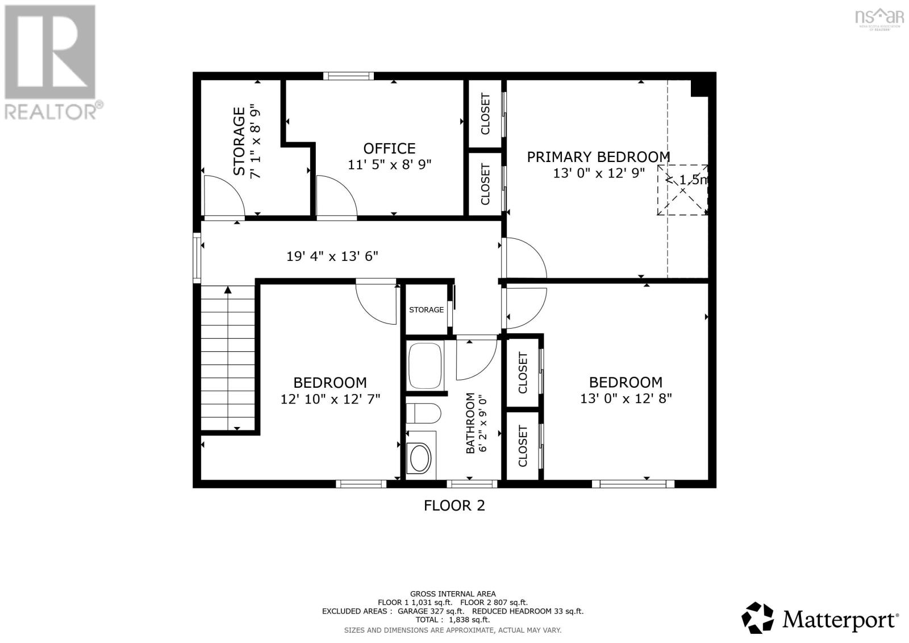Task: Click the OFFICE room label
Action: (x=389, y=148)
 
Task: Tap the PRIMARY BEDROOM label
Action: (x=598, y=157)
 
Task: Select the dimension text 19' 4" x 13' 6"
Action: (x=332, y=256)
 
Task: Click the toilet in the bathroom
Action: (x=423, y=413)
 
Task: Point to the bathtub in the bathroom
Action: (x=425, y=366)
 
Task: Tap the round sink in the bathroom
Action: (x=420, y=458)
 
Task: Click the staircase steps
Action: (x=228, y=358)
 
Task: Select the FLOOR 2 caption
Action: (x=454, y=506)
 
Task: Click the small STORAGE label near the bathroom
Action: (x=426, y=310)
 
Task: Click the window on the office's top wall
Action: (x=348, y=76)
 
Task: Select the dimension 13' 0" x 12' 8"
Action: (x=626, y=399)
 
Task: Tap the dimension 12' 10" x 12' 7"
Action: (x=330, y=399)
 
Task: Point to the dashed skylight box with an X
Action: (x=682, y=190)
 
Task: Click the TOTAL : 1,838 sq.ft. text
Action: (x=452, y=620)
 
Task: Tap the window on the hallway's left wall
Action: (x=197, y=258)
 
